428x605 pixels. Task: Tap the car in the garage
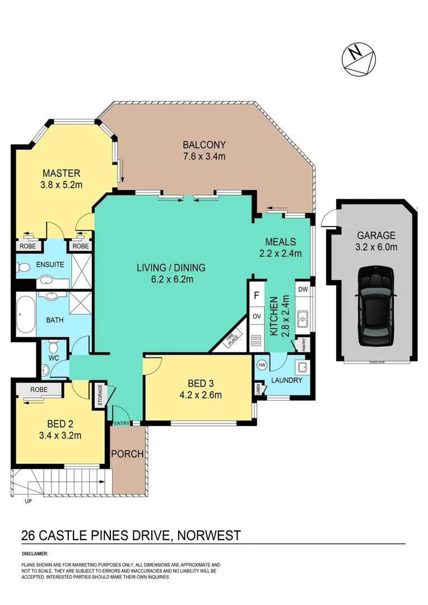pyautogui.click(x=376, y=306)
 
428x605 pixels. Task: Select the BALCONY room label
pyautogui.click(x=204, y=145)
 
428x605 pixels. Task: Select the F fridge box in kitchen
pyautogui.click(x=256, y=295)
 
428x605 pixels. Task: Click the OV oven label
pyautogui.click(x=257, y=317)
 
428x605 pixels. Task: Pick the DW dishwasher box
pyautogui.click(x=303, y=290)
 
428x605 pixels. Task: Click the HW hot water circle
pyautogui.click(x=262, y=365)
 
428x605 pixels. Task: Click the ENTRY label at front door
pyautogui.click(x=122, y=423)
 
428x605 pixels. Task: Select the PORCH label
pyautogui.click(x=127, y=454)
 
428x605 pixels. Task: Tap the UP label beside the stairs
pyautogui.click(x=28, y=501)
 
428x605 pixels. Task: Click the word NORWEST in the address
pyautogui.click(x=210, y=536)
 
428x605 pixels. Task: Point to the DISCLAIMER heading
pyautogui.click(x=36, y=553)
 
